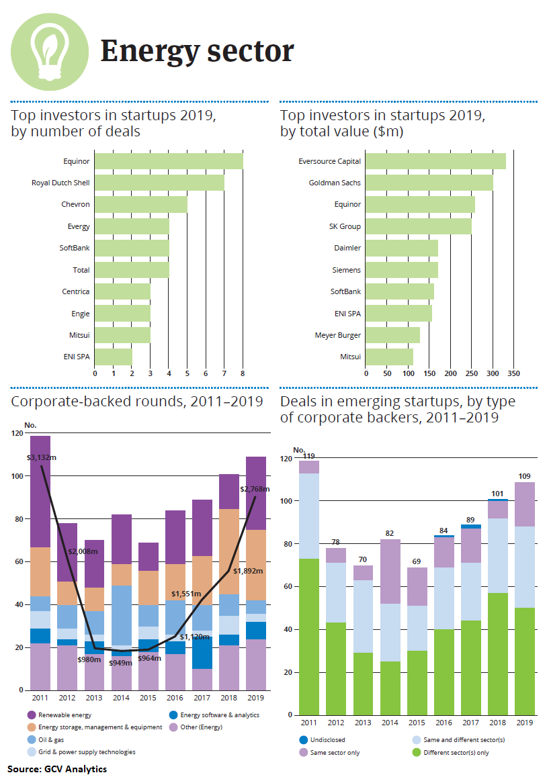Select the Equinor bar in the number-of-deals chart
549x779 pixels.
click(169, 161)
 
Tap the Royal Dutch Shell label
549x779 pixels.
click(60, 183)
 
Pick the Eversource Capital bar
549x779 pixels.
click(435, 161)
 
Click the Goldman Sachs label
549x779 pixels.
click(335, 183)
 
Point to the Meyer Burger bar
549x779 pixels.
click(392, 335)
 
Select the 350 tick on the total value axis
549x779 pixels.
click(514, 373)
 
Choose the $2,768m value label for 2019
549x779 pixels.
click(255, 489)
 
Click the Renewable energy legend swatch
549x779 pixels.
click(31, 715)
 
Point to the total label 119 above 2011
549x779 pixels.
click(309, 456)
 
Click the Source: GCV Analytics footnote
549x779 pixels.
click(57, 768)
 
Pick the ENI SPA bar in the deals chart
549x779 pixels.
click(114, 357)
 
